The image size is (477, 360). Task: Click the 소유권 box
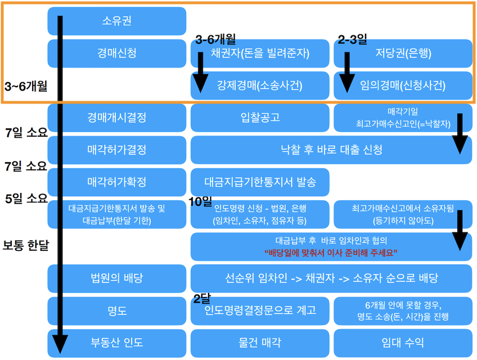coord(117,21)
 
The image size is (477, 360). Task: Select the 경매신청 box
coord(117,53)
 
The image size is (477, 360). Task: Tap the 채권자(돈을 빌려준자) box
coord(260,54)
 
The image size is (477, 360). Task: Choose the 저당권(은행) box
coord(403,54)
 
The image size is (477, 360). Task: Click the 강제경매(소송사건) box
coord(260,86)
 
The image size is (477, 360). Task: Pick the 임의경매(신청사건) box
coord(403,86)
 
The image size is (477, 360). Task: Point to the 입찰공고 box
coord(260,118)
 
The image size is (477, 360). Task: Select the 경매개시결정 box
coord(117,118)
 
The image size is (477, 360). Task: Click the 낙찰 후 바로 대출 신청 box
coord(331,150)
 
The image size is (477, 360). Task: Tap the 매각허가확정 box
coord(117,182)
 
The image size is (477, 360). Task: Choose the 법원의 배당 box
coord(117,278)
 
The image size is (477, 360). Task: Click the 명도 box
coord(117,310)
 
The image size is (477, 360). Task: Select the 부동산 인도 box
coord(117,342)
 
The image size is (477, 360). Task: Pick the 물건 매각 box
coord(260,342)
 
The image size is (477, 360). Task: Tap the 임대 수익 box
coord(403,342)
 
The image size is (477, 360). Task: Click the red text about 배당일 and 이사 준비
coord(331,252)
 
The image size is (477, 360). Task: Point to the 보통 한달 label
coord(25,246)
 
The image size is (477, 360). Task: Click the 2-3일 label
coord(352,39)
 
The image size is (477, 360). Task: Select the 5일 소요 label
coord(25,199)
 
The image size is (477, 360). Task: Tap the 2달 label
coord(201,299)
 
